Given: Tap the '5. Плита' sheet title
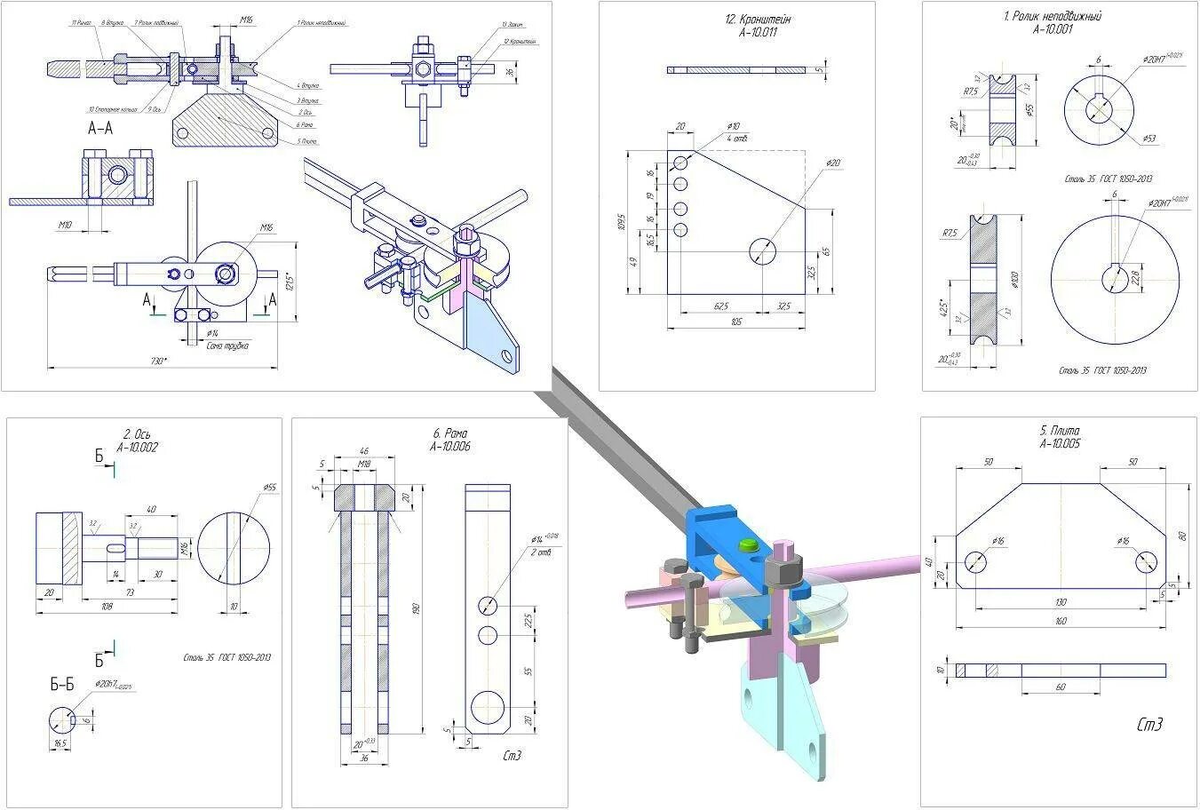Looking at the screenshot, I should (1060, 431).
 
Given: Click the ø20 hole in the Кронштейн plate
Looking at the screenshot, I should (762, 251).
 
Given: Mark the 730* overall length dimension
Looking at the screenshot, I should (159, 361).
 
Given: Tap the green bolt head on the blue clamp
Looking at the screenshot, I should (746, 544).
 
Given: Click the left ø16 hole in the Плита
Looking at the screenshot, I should (975, 562).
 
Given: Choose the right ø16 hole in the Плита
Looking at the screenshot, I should (1146, 562).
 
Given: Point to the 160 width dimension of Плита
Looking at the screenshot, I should (1060, 621).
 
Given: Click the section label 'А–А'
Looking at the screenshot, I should (99, 128).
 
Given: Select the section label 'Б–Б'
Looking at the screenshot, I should (62, 684).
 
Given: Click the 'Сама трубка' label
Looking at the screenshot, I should (226, 345).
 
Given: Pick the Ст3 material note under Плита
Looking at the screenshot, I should (1149, 725).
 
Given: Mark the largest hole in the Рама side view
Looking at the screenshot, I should (488, 709).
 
